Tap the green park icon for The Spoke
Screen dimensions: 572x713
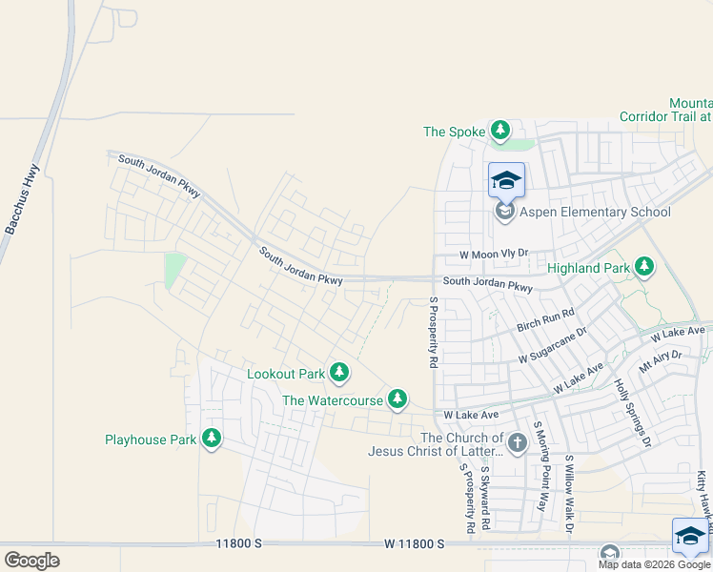pyautogui.click(x=499, y=131)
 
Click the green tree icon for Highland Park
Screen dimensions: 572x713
pyautogui.click(x=645, y=268)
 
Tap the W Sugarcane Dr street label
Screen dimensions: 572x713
pyautogui.click(x=552, y=345)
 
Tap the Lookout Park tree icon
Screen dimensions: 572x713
pyautogui.click(x=338, y=373)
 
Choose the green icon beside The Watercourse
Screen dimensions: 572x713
pyautogui.click(x=397, y=399)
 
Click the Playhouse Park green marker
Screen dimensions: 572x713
pyautogui.click(x=212, y=439)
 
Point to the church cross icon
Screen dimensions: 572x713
pyautogui.click(x=517, y=442)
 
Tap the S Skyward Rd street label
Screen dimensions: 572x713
pyautogui.click(x=485, y=497)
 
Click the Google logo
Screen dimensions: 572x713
pyautogui.click(x=31, y=561)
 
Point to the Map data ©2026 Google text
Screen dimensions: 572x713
pyautogui.click(x=654, y=564)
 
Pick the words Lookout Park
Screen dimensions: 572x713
pyautogui.click(x=285, y=373)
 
